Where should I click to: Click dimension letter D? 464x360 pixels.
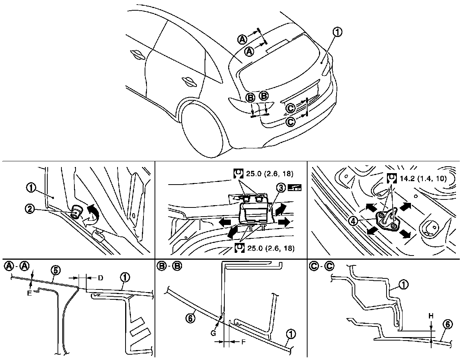[100, 278]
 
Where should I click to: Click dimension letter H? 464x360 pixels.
[431, 316]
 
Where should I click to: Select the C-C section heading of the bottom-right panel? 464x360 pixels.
[321, 266]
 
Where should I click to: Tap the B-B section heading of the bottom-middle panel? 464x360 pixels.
[169, 266]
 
